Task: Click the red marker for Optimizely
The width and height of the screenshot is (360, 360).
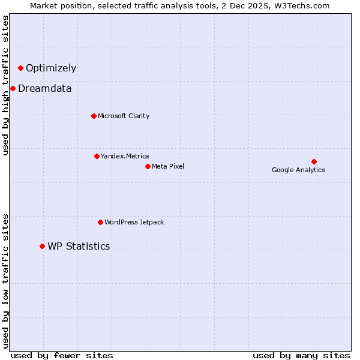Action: click(x=20, y=68)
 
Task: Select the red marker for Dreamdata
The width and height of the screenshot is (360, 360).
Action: click(x=13, y=88)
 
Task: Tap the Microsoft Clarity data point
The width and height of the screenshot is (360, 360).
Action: click(x=94, y=116)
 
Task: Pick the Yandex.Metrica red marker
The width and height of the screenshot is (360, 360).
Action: click(x=97, y=156)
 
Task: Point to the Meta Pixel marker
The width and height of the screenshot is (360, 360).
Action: click(x=148, y=166)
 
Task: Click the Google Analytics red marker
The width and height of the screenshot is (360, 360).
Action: click(x=314, y=161)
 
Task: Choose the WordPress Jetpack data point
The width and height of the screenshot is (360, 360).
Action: click(x=100, y=222)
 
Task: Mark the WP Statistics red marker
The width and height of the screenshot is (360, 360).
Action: click(x=42, y=246)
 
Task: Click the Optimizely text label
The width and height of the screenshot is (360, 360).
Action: click(x=51, y=68)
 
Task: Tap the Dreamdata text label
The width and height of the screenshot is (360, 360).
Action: click(x=45, y=88)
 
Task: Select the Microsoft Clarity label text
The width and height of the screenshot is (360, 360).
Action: click(x=124, y=116)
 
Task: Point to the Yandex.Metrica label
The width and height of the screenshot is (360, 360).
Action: click(x=125, y=156)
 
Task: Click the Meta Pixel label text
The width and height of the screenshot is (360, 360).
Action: click(x=168, y=166)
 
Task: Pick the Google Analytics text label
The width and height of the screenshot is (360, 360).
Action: click(x=298, y=170)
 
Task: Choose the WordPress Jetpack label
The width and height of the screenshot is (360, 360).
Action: click(x=134, y=222)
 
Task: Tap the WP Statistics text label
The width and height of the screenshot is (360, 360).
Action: click(x=79, y=246)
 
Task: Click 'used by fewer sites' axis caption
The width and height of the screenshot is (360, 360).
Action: click(x=62, y=355)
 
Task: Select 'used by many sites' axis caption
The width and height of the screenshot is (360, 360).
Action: click(x=301, y=355)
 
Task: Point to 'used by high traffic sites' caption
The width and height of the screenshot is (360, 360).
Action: click(x=6, y=85)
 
